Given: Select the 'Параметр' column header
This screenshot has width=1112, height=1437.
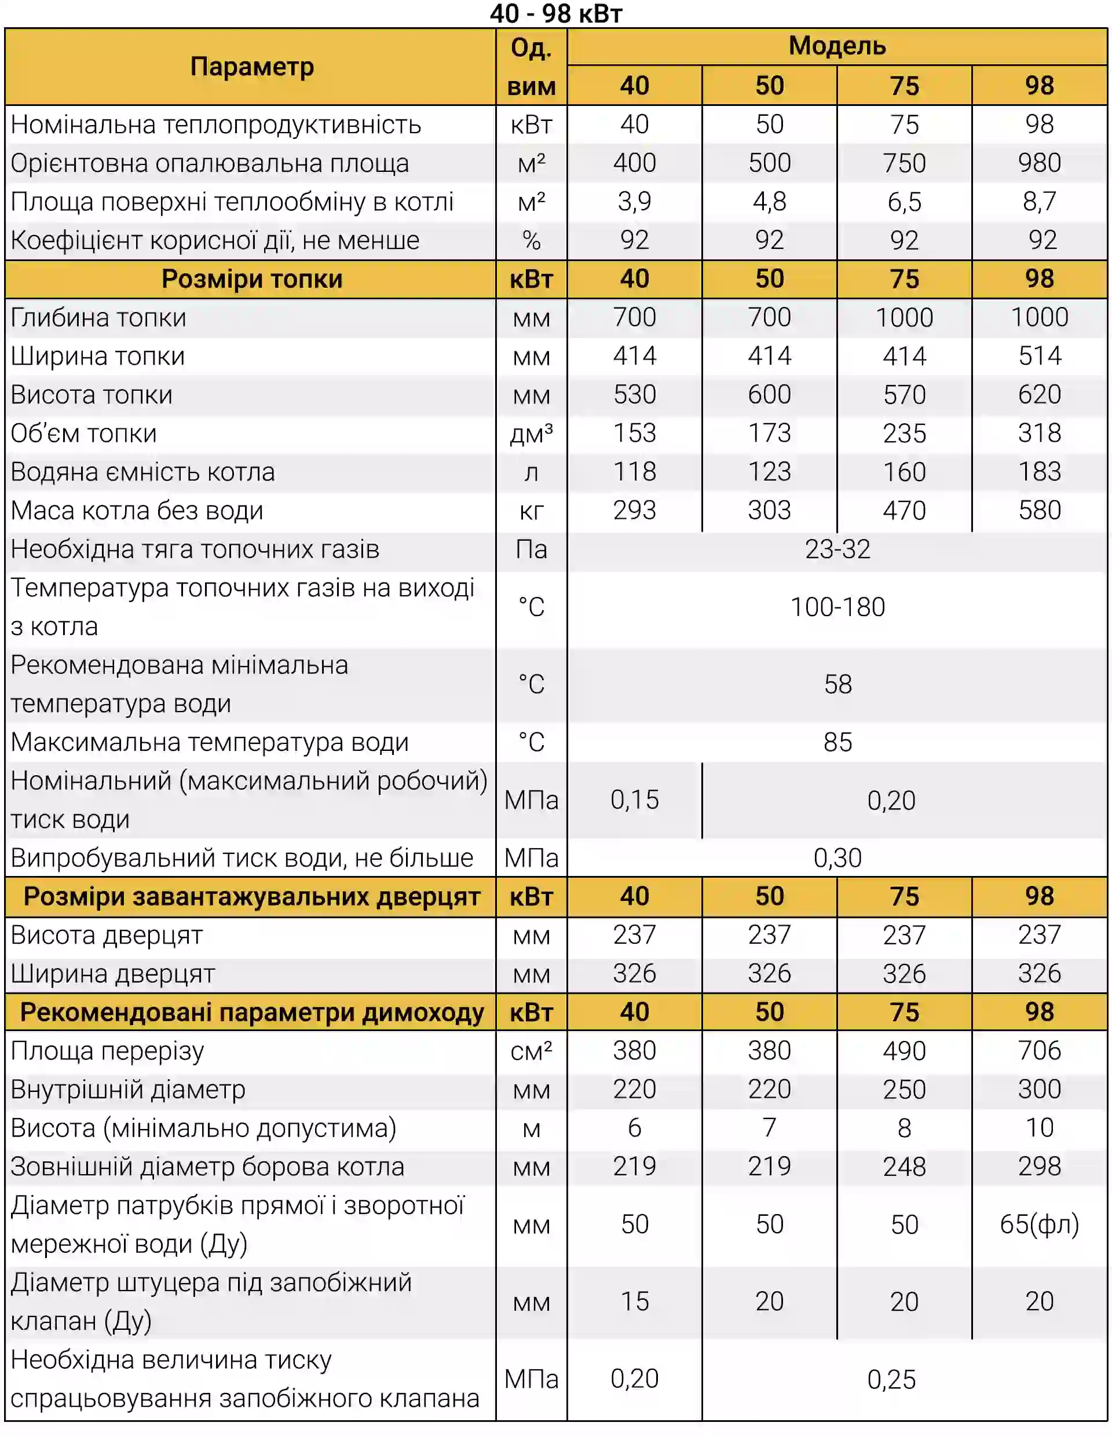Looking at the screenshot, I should [251, 67].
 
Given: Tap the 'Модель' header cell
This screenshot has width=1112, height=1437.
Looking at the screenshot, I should [837, 46].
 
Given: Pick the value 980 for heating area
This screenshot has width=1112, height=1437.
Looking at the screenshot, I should [1039, 163].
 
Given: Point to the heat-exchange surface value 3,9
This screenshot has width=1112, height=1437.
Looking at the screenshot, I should [634, 201].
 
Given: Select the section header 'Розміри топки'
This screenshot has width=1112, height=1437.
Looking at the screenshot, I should [251, 279].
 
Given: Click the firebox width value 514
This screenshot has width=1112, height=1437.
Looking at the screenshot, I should [1039, 356].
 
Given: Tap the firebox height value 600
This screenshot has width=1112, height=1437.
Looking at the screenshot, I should [769, 395].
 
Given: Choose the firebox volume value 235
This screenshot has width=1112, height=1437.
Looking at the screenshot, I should [904, 433].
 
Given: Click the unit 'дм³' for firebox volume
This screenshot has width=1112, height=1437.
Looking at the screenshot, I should [531, 433].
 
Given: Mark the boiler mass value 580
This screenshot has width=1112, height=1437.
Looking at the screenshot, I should [1039, 511].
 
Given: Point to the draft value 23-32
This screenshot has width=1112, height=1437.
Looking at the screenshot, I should [837, 549].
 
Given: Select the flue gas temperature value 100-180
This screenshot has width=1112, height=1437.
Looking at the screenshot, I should [837, 607].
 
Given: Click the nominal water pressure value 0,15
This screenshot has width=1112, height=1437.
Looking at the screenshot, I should [634, 800].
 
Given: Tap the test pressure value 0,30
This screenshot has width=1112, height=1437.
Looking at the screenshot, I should [837, 858].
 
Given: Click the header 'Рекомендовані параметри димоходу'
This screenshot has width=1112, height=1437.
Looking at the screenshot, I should [251, 1012].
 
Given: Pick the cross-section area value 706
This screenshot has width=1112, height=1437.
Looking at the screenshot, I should [1039, 1051].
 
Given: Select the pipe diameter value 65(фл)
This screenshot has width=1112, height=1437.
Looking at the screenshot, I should [1039, 1225].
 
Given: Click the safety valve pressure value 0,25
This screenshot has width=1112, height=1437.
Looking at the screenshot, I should [891, 1379].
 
